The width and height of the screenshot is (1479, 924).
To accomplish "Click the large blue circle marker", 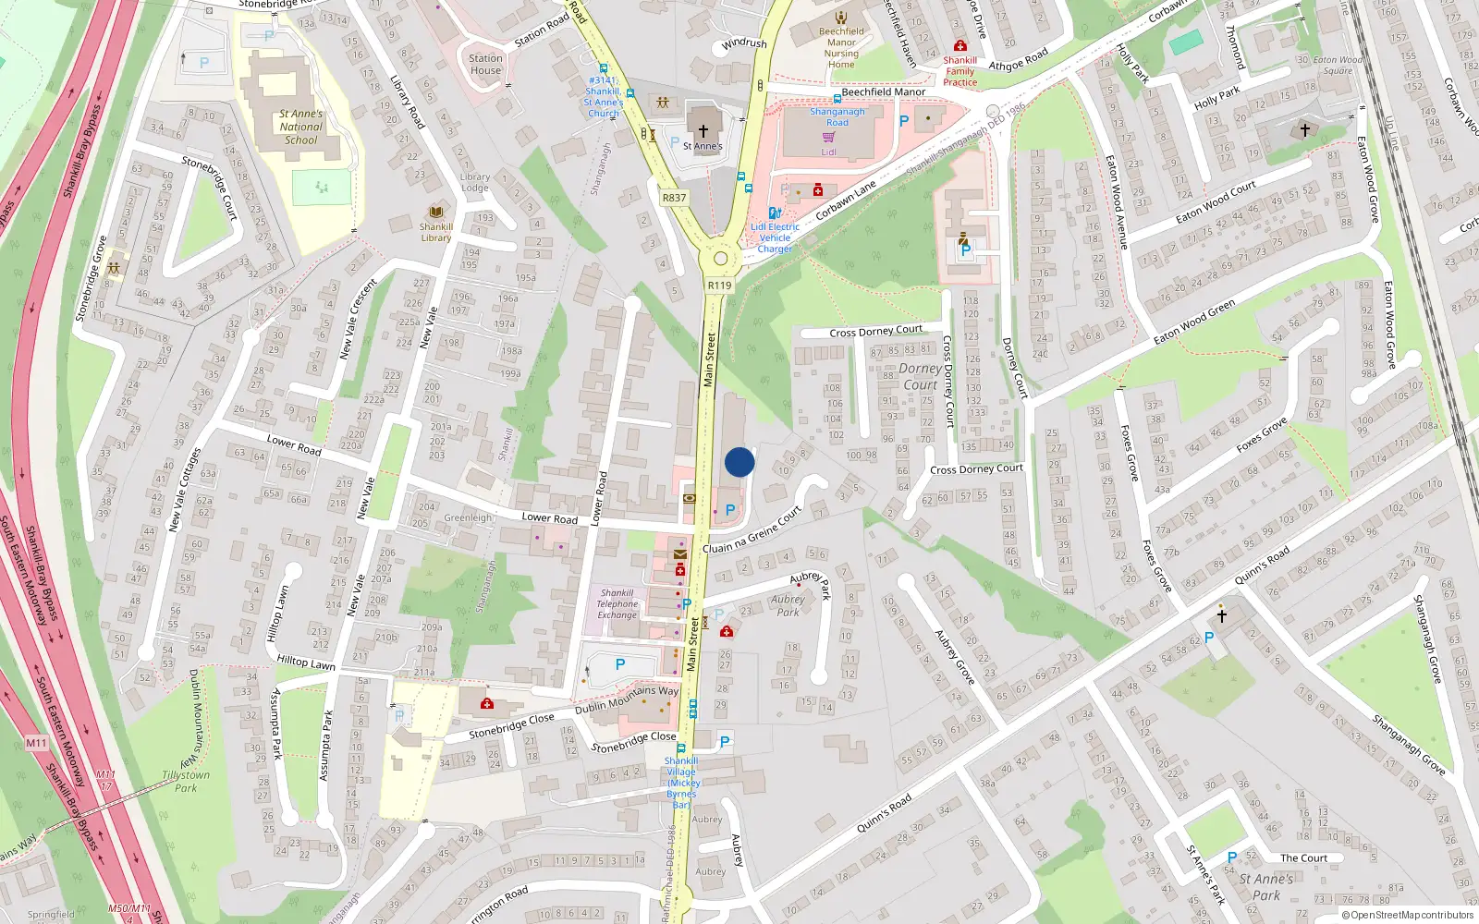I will pyautogui.click(x=739, y=462).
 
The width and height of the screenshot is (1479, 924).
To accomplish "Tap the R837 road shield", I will pyautogui.click(x=674, y=198).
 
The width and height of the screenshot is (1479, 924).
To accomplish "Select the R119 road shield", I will pyautogui.click(x=719, y=286).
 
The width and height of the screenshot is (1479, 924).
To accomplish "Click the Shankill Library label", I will pyautogui.click(x=435, y=232).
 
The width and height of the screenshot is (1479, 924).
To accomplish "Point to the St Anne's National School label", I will pyautogui.click(x=300, y=128).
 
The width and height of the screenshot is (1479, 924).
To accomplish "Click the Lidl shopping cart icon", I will pyautogui.click(x=829, y=138).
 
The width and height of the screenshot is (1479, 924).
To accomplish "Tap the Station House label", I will pyautogui.click(x=485, y=64).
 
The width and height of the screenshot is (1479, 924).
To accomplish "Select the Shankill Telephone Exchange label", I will pyautogui.click(x=617, y=604).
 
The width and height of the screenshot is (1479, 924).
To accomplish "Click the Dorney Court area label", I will pyautogui.click(x=921, y=376).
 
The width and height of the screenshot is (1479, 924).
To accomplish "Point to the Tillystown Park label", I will pyautogui.click(x=186, y=782).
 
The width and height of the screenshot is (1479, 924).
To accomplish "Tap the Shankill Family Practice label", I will pyautogui.click(x=960, y=71).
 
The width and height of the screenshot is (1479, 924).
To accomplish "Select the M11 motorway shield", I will pyautogui.click(x=36, y=743).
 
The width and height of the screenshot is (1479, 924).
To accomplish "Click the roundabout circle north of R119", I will pyautogui.click(x=720, y=259).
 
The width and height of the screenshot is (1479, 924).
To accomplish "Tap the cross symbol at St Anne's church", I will pyautogui.click(x=703, y=131).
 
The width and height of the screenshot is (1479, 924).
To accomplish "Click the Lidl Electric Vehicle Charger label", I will pyautogui.click(x=775, y=237).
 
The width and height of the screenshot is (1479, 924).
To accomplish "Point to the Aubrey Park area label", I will pyautogui.click(x=788, y=605).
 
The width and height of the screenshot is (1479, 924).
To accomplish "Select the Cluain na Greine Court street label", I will pyautogui.click(x=752, y=531).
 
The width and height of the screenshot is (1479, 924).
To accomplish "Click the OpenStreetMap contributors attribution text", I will pyautogui.click(x=1408, y=915).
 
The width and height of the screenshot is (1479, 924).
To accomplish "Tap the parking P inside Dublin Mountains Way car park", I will pyautogui.click(x=620, y=664).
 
